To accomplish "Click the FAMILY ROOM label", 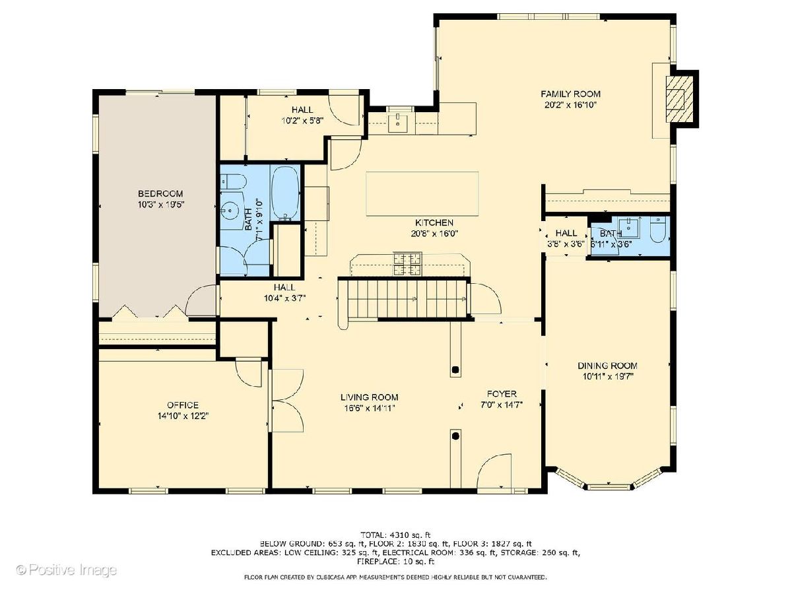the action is point(570,94).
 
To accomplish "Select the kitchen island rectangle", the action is point(422,193).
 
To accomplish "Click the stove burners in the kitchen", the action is point(408,264).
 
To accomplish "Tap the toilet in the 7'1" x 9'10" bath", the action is point(233,181).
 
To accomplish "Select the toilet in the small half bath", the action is point(658,229).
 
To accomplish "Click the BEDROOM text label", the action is point(160,193).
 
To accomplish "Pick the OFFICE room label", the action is point(183,405).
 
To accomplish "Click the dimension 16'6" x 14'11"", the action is point(370,409).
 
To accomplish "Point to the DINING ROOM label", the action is point(607,366).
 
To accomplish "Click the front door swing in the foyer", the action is point(494,472).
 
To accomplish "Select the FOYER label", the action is point(502,394).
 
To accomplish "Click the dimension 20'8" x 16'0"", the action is point(434,234).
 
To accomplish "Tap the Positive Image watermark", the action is point(67,570).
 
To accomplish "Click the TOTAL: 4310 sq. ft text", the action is point(395,535).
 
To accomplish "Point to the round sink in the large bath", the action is point(228,209).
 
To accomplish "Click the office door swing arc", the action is point(248,374).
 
